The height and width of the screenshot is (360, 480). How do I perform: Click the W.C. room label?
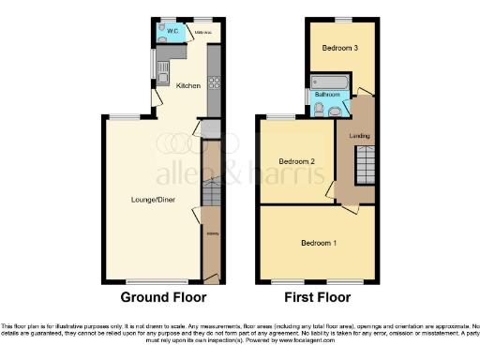161,29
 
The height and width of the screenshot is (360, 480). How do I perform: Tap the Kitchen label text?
188,85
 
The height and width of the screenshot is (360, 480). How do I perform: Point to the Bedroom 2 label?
293,160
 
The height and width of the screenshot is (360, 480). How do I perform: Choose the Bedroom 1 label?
319,243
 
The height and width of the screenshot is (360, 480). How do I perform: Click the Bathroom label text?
326,95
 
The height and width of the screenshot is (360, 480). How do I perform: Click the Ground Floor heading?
164,298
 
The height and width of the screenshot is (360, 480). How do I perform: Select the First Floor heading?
319,298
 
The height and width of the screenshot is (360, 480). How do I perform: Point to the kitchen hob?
213,82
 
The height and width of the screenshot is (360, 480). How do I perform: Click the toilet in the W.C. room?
161,40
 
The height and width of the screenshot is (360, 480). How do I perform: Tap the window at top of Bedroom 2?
280,116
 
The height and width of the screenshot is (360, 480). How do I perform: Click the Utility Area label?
198,30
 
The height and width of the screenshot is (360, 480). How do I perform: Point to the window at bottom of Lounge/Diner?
149,282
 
